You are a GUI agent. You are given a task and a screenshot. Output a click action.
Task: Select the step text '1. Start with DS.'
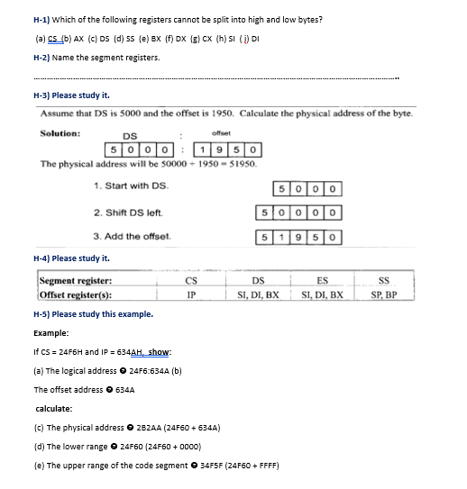pyautogui.click(x=131, y=187)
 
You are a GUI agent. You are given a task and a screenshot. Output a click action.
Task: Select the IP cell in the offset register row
pyautogui.click(x=190, y=294)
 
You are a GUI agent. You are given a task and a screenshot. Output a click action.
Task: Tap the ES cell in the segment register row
pyautogui.click(x=323, y=282)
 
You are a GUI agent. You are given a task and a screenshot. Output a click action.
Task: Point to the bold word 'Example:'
pyautogui.click(x=52, y=333)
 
